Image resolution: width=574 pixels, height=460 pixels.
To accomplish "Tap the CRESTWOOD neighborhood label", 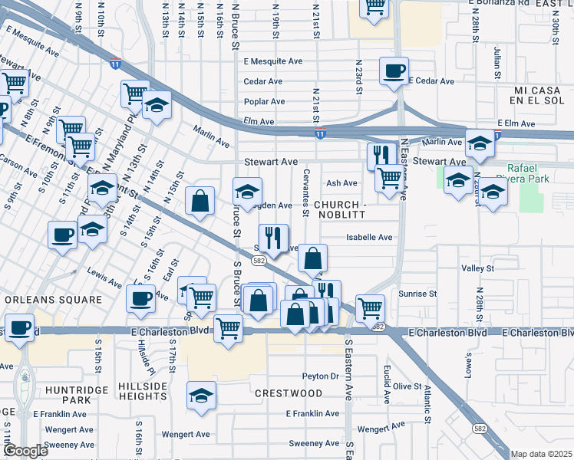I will [289, 393].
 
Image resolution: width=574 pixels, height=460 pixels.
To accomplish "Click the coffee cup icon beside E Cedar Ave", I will [394, 71].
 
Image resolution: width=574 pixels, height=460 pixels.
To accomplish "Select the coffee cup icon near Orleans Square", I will [140, 299].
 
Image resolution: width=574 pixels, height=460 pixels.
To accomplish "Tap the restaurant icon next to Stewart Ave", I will [381, 156].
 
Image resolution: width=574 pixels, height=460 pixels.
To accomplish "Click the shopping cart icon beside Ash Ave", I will [389, 179].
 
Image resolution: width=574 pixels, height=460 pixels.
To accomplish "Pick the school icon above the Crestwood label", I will [201, 396].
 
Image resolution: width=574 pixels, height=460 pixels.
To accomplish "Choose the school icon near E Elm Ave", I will [480, 143].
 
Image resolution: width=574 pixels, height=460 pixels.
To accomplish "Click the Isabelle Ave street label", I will [369, 238].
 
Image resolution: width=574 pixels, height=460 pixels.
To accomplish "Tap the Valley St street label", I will [477, 268].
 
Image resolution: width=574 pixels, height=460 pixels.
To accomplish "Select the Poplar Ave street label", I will [264, 101].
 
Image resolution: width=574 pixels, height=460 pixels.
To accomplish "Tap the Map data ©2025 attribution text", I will [541, 454].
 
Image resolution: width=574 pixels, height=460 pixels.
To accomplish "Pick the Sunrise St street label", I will [417, 294].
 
